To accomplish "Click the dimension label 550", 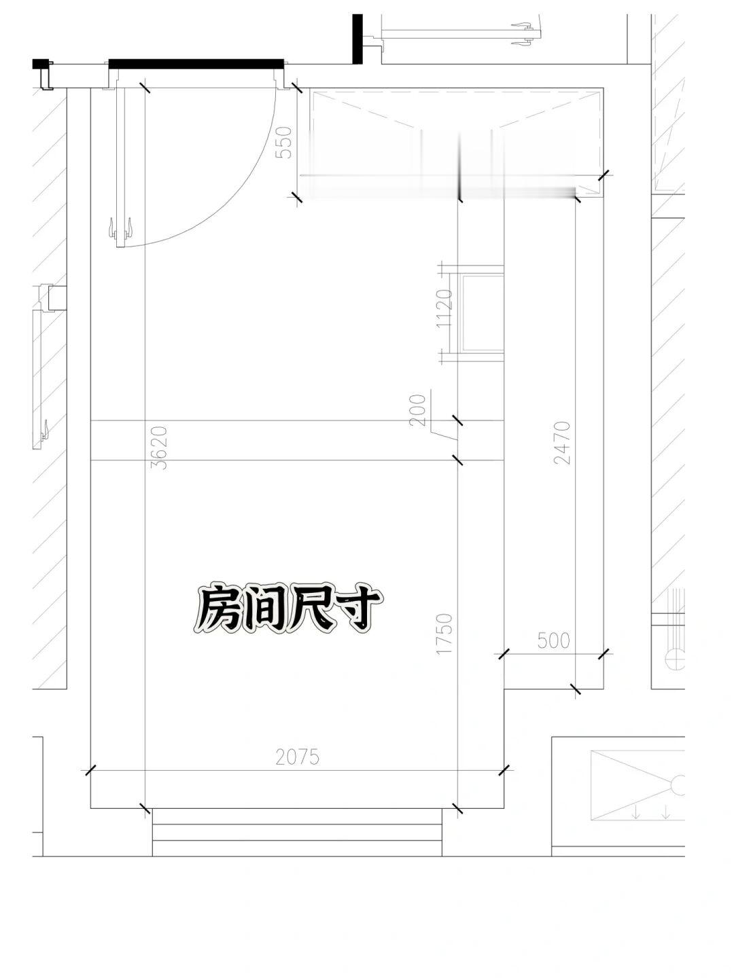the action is [284, 143].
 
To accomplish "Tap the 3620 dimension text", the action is [160, 448].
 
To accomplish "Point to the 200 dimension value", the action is [418, 410].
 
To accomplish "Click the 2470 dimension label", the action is [562, 442].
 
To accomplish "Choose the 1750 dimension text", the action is [444, 634].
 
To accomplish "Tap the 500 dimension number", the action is [553, 640].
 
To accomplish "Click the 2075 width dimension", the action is [298, 757].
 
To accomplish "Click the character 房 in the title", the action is [217, 609].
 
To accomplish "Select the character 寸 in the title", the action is [351, 609].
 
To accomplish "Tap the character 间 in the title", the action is [261, 609].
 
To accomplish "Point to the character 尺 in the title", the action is [307, 609].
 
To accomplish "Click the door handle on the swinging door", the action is [121, 228].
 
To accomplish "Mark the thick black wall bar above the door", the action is [196, 64].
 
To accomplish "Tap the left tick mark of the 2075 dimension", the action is [90, 770].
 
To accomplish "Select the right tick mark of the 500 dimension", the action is [604, 655].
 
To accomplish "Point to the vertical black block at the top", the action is [357, 39].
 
